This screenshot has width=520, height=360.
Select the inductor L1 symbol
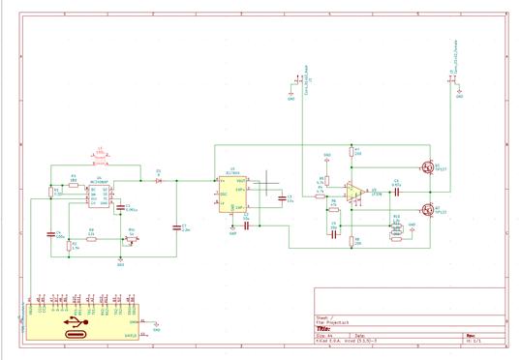(100, 158)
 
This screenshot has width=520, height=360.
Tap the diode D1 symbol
(159, 180)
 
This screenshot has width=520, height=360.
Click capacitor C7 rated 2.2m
(177, 228)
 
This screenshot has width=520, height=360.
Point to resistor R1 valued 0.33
(50, 192)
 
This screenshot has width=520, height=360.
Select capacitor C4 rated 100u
(50, 234)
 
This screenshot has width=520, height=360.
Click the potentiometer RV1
(132, 239)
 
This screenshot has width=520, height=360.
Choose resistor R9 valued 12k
(91, 237)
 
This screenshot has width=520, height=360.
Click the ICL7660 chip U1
(232, 194)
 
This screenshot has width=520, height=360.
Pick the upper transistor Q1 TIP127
(427, 166)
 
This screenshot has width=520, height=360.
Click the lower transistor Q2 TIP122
(427, 208)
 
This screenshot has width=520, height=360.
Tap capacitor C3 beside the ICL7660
(282, 198)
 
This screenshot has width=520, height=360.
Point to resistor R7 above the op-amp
(351, 151)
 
